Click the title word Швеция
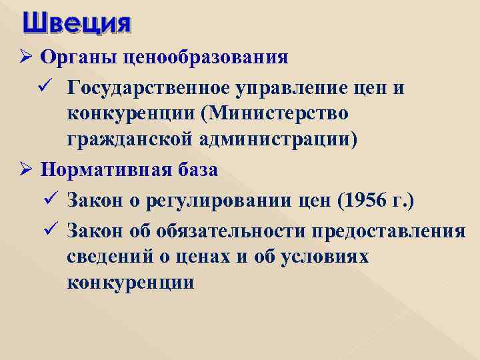pyautogui.click(x=76, y=24)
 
